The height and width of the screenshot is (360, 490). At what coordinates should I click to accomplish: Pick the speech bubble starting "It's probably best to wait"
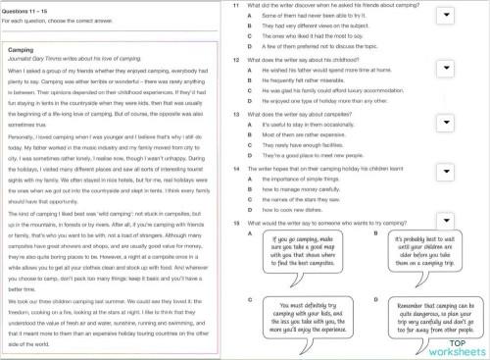[x=426, y=252]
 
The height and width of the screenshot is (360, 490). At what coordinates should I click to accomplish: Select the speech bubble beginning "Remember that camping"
[x=428, y=317]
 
